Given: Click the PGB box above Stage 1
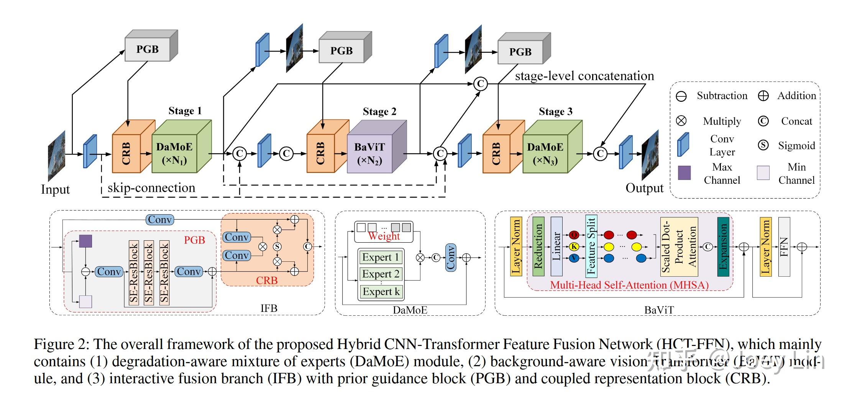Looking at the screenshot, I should coord(148,49).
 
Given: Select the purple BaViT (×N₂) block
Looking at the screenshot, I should coord(370,153).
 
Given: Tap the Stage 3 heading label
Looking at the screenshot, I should coord(555,112).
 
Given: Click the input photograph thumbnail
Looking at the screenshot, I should coord(56,156).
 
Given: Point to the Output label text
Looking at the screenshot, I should coord(644,188).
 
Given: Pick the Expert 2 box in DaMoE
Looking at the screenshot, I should coord(381,274).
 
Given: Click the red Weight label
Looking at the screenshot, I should coord(384,236).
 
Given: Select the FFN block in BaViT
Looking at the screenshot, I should coord(784,247).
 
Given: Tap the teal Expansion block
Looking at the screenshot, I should coord(723,247).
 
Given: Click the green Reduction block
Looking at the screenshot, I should coord(538,247).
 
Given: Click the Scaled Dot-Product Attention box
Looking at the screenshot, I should coord(679,247).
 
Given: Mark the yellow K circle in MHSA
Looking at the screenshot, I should coord(574,247).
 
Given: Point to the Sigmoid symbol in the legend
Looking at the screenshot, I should coord(763,145).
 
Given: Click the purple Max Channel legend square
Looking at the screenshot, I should coord(684,173).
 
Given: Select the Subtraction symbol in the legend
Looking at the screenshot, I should coord(681,96).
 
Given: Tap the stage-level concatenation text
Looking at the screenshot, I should coord(584,76).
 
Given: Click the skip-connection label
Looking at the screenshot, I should coord(151,188).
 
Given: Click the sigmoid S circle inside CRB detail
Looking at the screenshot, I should coord(277,246).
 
